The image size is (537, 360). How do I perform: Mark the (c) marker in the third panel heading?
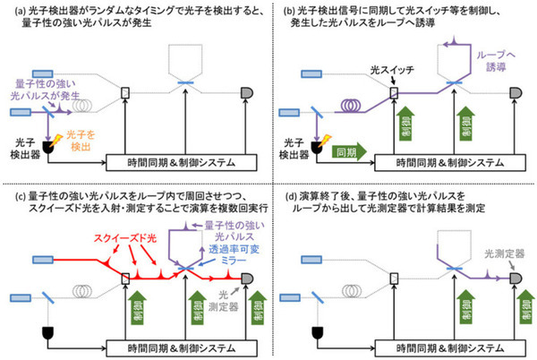coord(12,195)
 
